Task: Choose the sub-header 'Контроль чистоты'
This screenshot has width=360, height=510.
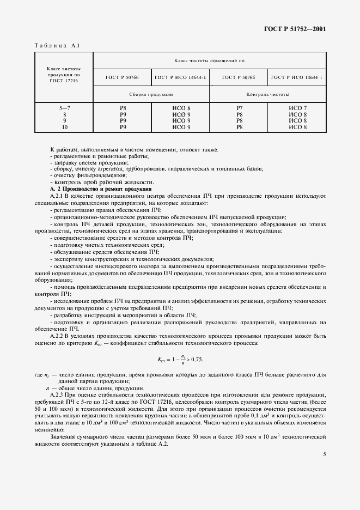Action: (x=268, y=94)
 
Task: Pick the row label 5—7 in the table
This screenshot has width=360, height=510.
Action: (x=64, y=109)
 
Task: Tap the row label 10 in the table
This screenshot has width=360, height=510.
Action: (x=64, y=127)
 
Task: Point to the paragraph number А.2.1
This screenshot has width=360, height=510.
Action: (x=58, y=195)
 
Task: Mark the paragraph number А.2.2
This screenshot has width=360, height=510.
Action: (x=58, y=336)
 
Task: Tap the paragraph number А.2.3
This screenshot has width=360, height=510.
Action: (x=58, y=393)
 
